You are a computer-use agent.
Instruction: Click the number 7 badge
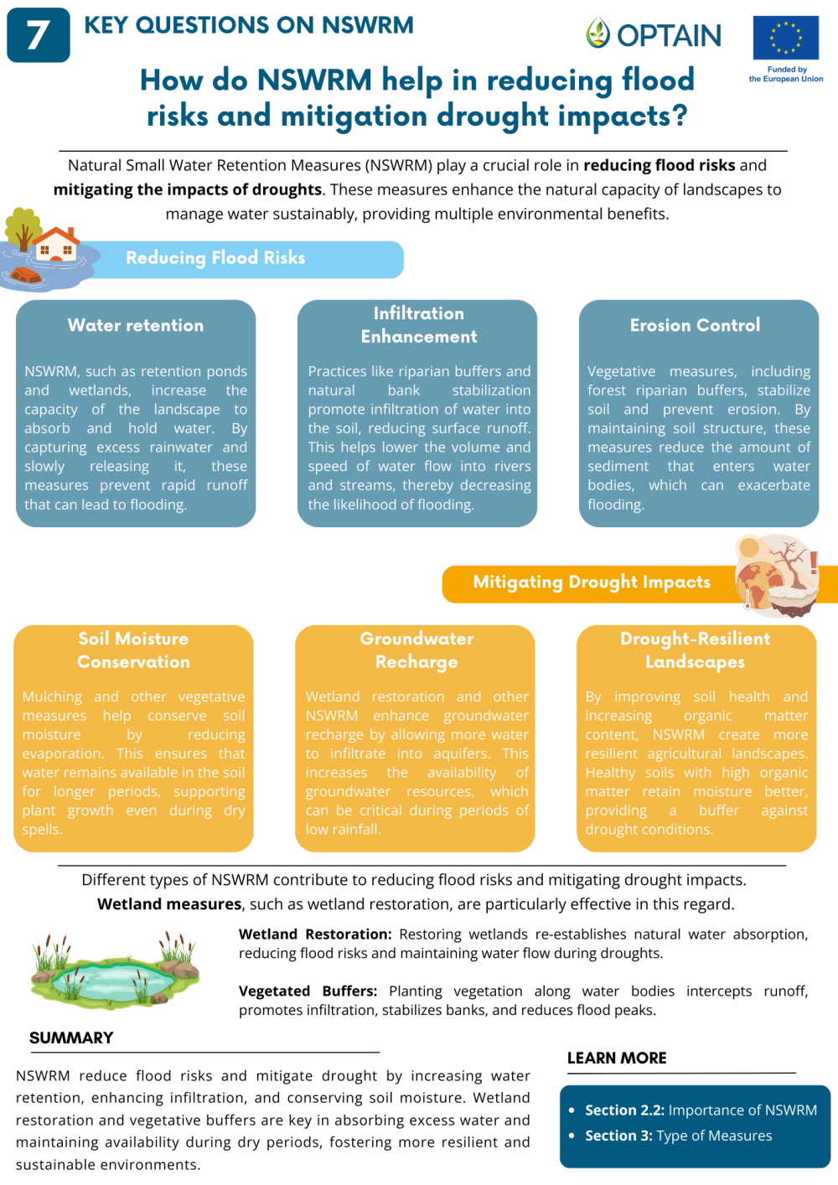click(38, 35)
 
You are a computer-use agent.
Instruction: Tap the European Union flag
click(785, 38)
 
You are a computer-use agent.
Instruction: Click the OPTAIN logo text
click(669, 35)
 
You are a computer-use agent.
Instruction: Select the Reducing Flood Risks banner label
click(215, 258)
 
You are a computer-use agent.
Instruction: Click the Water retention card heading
click(136, 325)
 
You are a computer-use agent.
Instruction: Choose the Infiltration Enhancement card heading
click(418, 325)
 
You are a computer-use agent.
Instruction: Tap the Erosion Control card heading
click(695, 325)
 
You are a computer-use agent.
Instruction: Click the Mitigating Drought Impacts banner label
click(591, 582)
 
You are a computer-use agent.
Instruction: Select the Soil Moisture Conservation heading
click(133, 650)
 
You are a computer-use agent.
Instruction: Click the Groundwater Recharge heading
click(416, 650)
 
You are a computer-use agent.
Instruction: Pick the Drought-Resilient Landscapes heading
click(695, 650)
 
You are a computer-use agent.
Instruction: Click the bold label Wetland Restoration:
click(315, 934)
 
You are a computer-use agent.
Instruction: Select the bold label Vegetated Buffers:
click(308, 991)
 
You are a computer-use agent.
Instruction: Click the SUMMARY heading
click(71, 1038)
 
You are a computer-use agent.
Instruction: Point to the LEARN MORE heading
click(617, 1058)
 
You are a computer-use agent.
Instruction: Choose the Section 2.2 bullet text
click(701, 1110)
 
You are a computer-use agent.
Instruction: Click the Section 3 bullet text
click(678, 1136)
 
